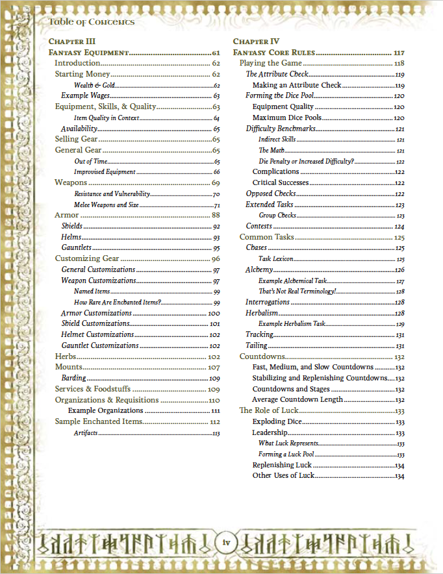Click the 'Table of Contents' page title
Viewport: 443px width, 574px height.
[92, 22]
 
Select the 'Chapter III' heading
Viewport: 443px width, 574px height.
[72, 42]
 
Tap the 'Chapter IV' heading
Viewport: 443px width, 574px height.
[255, 42]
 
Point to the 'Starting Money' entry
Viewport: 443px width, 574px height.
[86, 74]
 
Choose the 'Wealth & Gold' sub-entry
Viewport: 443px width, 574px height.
[95, 85]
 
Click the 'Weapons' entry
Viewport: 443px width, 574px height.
[71, 182]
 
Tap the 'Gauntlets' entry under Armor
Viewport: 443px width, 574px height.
[77, 247]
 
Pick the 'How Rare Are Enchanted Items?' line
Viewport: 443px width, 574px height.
[118, 303]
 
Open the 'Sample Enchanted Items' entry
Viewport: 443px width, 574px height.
[98, 421]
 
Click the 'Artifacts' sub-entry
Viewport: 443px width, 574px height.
[86, 432]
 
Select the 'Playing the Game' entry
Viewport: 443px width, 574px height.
[270, 63]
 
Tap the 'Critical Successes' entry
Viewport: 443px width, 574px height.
[280, 182]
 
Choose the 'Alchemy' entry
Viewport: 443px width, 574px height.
[259, 269]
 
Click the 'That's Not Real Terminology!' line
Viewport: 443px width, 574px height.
[297, 292]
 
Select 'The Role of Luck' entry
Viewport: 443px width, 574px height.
[268, 410]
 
